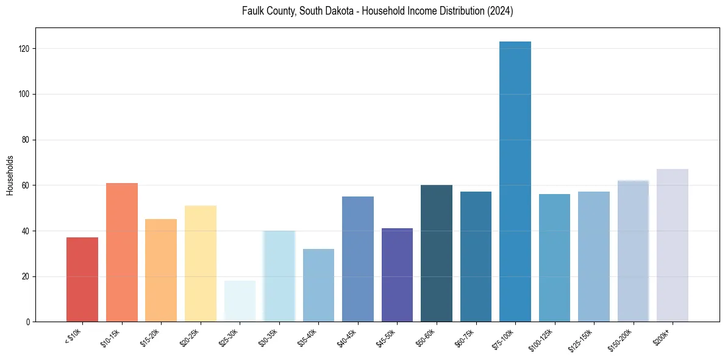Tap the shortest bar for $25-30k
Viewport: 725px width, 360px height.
tap(240, 301)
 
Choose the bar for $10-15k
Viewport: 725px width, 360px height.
tap(122, 253)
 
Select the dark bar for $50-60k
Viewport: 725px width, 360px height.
tap(437, 253)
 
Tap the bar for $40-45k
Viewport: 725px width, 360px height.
tap(358, 259)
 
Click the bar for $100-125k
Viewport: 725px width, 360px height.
tap(554, 258)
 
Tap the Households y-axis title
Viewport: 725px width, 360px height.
tap(10, 175)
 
